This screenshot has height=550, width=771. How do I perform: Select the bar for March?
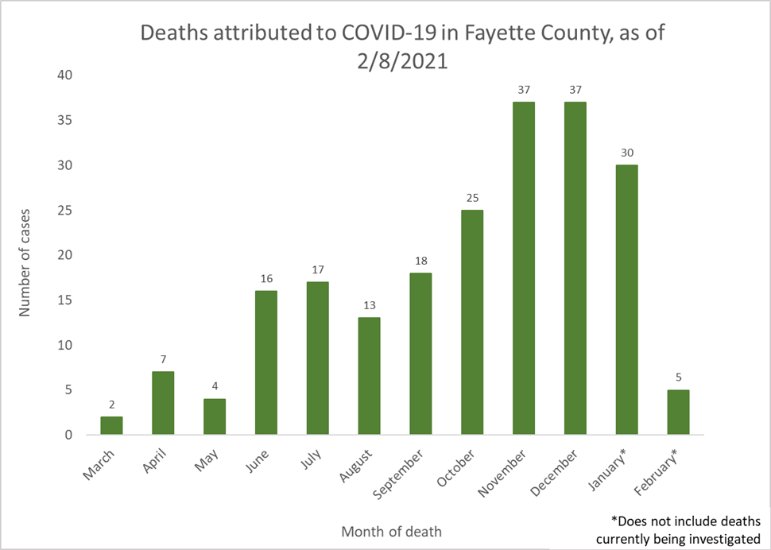click(x=111, y=425)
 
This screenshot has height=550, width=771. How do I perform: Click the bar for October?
click(x=472, y=322)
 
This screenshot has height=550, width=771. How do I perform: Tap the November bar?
click(x=523, y=268)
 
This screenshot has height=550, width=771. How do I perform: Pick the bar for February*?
click(x=677, y=412)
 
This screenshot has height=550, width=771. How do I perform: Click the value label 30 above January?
click(x=626, y=153)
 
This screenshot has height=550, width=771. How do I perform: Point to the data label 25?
click(x=472, y=198)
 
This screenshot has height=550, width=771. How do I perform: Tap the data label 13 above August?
click(x=369, y=305)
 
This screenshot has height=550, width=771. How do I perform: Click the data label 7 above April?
click(x=163, y=359)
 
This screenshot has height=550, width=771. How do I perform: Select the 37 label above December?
click(x=575, y=90)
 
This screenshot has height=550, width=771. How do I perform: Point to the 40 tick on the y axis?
click(x=64, y=76)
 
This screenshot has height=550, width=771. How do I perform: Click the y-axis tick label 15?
click(x=64, y=300)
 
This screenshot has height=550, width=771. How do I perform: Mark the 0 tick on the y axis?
click(x=68, y=435)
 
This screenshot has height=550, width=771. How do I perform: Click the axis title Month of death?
click(x=391, y=531)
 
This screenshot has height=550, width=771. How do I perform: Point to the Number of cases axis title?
click(x=25, y=255)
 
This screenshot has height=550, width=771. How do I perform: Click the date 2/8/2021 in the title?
click(x=402, y=60)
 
